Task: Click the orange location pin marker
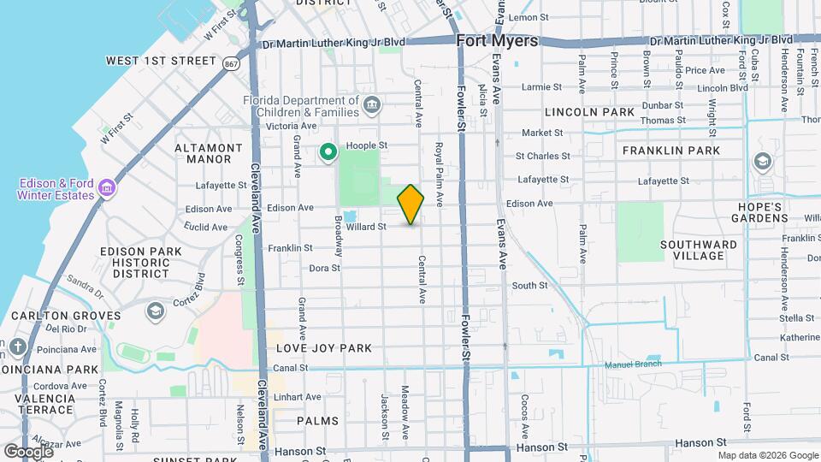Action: click(410, 204)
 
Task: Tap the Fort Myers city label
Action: click(497, 41)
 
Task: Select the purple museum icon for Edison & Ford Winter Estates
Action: click(106, 187)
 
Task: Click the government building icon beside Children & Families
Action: click(371, 105)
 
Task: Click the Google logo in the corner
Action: click(28, 451)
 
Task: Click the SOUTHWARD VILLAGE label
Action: click(699, 250)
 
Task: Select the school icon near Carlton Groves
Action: click(155, 309)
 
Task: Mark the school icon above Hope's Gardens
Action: click(762, 162)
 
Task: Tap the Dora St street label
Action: click(324, 268)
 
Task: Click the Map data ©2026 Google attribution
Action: click(767, 455)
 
